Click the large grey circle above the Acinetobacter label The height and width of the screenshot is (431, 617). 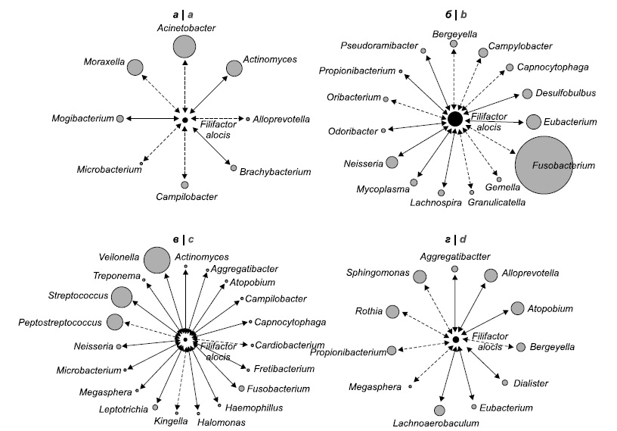click(x=184, y=47)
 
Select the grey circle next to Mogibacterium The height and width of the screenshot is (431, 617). click(x=120, y=118)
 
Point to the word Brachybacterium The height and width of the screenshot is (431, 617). click(x=275, y=173)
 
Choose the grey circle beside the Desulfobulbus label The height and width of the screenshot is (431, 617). click(x=527, y=95)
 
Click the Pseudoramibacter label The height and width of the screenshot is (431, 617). click(x=379, y=46)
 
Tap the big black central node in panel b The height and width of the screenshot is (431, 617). click(x=454, y=119)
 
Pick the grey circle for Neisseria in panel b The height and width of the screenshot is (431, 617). click(x=392, y=161)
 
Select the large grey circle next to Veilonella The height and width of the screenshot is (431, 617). click(x=157, y=260)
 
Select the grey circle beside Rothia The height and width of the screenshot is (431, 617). click(x=392, y=311)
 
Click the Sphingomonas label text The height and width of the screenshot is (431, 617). click(x=377, y=272)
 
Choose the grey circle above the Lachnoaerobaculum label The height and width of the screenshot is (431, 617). click(x=439, y=410)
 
